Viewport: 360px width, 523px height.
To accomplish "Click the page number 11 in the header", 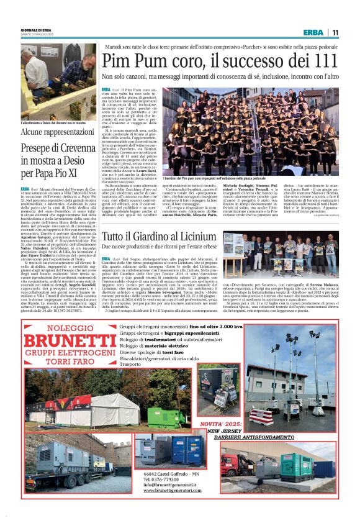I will click(335, 32).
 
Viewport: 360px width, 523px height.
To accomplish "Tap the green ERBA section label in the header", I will click(313, 32).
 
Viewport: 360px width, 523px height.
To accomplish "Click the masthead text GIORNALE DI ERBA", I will click(36, 29).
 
